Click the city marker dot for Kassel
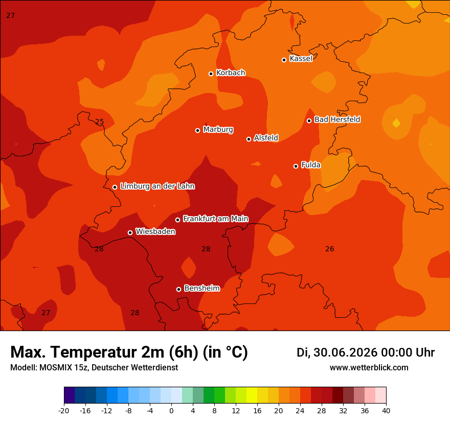click(x=284, y=60)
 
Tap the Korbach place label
click(x=231, y=73)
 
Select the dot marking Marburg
click(x=197, y=130)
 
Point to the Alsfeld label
click(x=266, y=138)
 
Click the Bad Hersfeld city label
click(x=337, y=119)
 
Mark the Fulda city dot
click(x=296, y=166)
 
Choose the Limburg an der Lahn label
click(x=157, y=186)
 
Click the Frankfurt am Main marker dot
click(x=177, y=220)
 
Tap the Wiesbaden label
click(x=155, y=231)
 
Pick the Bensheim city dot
click(x=178, y=289)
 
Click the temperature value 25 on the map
click(x=99, y=122)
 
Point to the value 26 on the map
click(x=330, y=249)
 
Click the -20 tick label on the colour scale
click(x=64, y=411)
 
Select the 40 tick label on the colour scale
click(x=386, y=411)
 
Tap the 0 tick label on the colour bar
click(x=171, y=411)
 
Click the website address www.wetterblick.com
click(x=369, y=367)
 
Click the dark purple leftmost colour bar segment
click(x=70, y=395)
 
